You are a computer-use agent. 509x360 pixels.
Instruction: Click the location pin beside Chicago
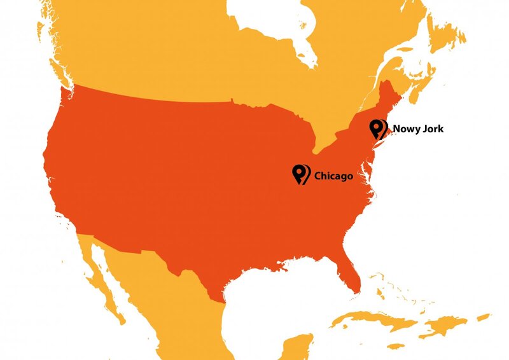point(300,173)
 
